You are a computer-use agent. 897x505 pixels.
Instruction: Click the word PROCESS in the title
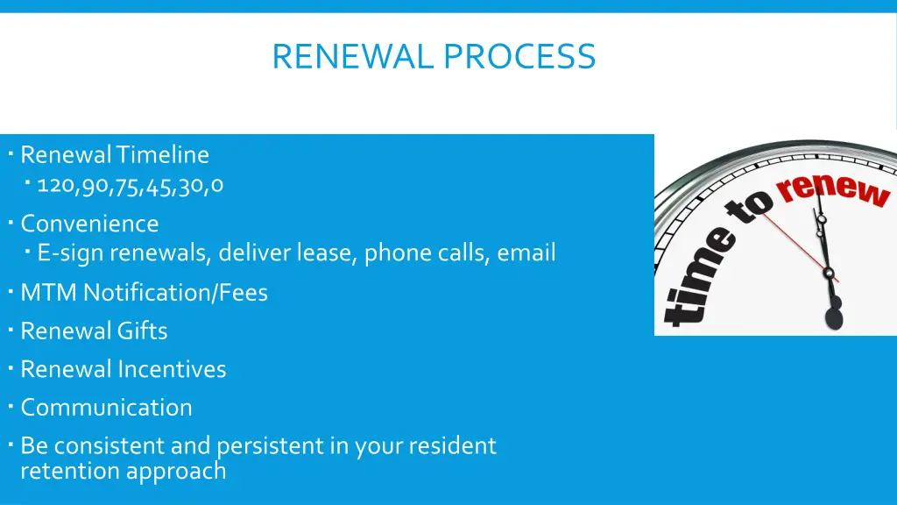point(519,57)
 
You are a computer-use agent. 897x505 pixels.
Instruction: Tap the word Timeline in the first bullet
point(163,155)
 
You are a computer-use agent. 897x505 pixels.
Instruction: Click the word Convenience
point(89,224)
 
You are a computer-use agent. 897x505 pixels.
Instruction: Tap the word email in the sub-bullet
point(526,253)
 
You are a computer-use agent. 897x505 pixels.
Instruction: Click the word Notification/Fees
point(175,292)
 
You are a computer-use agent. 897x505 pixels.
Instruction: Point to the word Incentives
point(172,369)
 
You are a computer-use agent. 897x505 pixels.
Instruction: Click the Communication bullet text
point(106,408)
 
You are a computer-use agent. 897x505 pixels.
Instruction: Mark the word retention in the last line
point(69,471)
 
